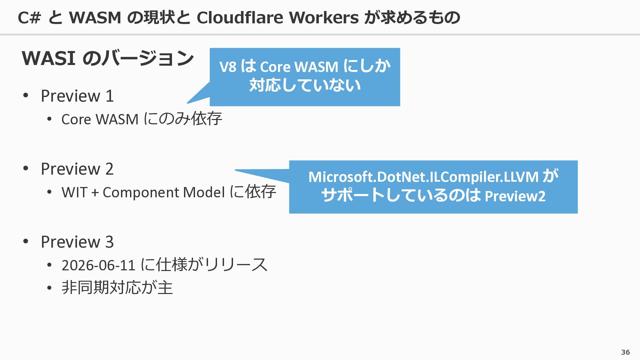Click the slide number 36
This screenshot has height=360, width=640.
tap(625, 352)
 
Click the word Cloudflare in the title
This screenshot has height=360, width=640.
tap(240, 17)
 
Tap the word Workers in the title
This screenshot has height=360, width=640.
tap(324, 17)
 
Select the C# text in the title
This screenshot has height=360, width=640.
tap(29, 18)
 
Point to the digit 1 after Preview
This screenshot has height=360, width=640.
tap(110, 96)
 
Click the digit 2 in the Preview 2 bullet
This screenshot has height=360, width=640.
tap(109, 169)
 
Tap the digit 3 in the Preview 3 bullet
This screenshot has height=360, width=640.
tap(109, 242)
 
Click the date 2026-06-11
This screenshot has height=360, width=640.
tap(98, 266)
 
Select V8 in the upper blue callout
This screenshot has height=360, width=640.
tap(228, 67)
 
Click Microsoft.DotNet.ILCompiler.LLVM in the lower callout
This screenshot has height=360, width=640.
tap(423, 177)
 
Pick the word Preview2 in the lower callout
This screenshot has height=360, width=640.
tap(515, 196)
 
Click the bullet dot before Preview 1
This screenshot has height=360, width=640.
tap(26, 96)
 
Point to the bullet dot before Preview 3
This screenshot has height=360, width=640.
tap(26, 242)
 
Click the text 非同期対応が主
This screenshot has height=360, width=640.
tap(117, 288)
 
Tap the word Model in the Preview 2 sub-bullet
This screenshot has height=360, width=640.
tap(204, 193)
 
